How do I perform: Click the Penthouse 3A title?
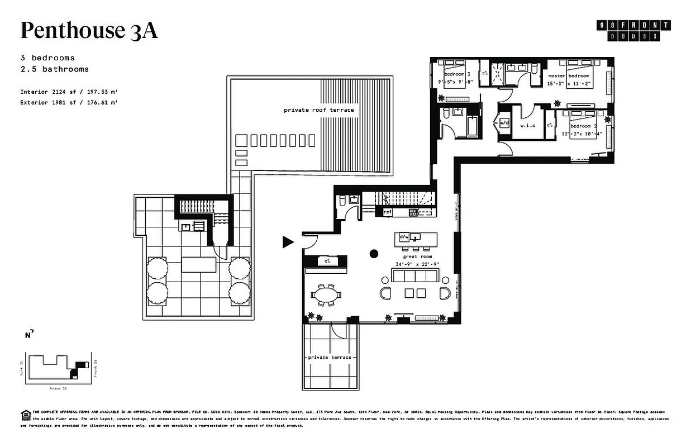pos(89,31)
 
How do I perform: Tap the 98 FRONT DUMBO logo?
pos(633,30)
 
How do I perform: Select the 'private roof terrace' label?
pos(318,110)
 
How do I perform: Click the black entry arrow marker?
pos(288,241)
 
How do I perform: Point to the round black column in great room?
pos(374,254)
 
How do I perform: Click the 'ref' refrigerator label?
pos(387,212)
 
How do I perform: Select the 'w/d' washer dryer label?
pos(504,122)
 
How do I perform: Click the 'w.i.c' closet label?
pos(528,125)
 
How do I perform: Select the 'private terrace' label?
pos(330,357)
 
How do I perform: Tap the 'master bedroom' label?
pos(568,75)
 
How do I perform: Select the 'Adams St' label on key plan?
pos(55,387)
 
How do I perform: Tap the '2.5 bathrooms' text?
pos(54,69)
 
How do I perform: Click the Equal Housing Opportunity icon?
pos(25,414)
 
